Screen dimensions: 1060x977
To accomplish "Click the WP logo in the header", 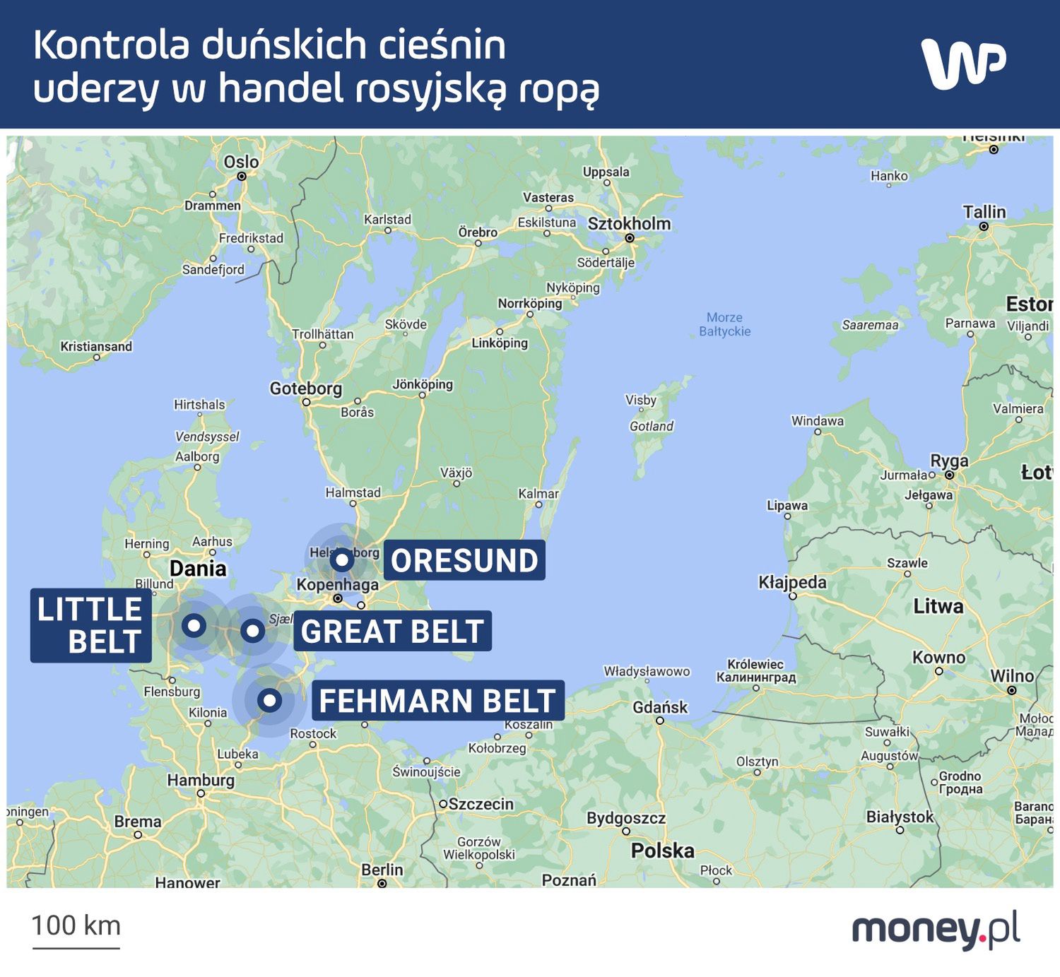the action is [x=963, y=64].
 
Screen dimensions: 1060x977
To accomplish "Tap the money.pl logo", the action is [x=936, y=929].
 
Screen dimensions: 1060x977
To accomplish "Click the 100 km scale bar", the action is [x=76, y=931].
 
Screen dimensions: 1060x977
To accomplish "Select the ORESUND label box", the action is [x=464, y=560].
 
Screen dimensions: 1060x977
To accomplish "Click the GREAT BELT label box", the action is [x=392, y=631].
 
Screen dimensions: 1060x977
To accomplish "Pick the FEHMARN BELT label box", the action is [x=437, y=700].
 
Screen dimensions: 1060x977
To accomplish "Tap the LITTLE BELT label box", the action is [x=90, y=625].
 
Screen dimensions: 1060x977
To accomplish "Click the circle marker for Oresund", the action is [x=342, y=560].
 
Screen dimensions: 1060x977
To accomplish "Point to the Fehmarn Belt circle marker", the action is [x=269, y=700].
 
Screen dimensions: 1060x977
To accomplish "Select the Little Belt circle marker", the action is [x=194, y=625].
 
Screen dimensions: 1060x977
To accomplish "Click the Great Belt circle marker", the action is [x=252, y=630].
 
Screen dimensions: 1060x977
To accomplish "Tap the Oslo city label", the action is [x=241, y=162].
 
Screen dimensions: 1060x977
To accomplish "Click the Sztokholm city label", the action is [x=629, y=224].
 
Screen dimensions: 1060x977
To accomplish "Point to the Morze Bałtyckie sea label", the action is [x=724, y=324].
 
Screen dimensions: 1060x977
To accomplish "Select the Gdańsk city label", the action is [x=660, y=707].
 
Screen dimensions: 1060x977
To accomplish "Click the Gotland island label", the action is [x=651, y=426].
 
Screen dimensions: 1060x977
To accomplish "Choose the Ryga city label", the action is [x=949, y=461].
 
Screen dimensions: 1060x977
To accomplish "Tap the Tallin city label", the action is [x=984, y=212].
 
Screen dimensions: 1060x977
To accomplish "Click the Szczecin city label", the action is [x=481, y=804].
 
